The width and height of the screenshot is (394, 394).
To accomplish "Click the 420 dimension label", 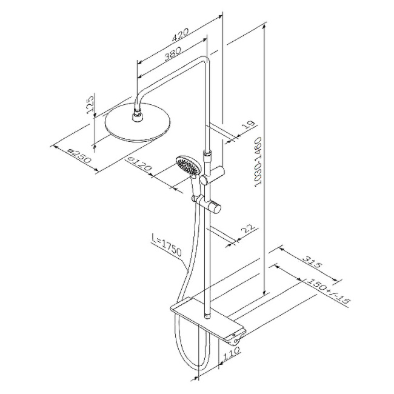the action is pyautogui.click(x=180, y=35).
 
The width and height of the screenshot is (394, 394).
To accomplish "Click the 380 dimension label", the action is pyautogui.click(x=173, y=55).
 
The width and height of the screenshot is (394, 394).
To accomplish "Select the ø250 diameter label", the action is pyautogui.click(x=79, y=156).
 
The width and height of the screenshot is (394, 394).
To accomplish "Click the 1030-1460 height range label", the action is pyautogui.click(x=258, y=162).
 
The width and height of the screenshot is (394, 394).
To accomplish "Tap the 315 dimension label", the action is pyautogui.click(x=312, y=262).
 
